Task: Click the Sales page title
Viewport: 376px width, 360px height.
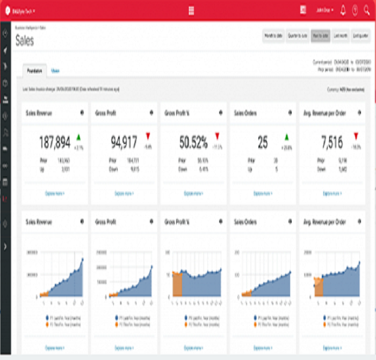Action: [x=25, y=41]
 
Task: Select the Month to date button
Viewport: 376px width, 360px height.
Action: [x=272, y=36]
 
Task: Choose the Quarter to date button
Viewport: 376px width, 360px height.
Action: [x=297, y=36]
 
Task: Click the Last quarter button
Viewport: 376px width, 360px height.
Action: [x=363, y=36]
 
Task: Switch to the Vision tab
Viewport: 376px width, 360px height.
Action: [x=55, y=70]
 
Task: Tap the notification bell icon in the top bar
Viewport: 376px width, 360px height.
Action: [x=343, y=10]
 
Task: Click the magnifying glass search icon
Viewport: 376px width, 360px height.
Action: [x=366, y=10]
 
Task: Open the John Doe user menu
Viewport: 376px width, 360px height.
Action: [x=324, y=10]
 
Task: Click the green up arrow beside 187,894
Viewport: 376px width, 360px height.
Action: [x=78, y=137]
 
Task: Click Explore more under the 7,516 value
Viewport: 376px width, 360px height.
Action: [x=332, y=193]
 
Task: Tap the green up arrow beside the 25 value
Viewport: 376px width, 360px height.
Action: [x=286, y=137]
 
